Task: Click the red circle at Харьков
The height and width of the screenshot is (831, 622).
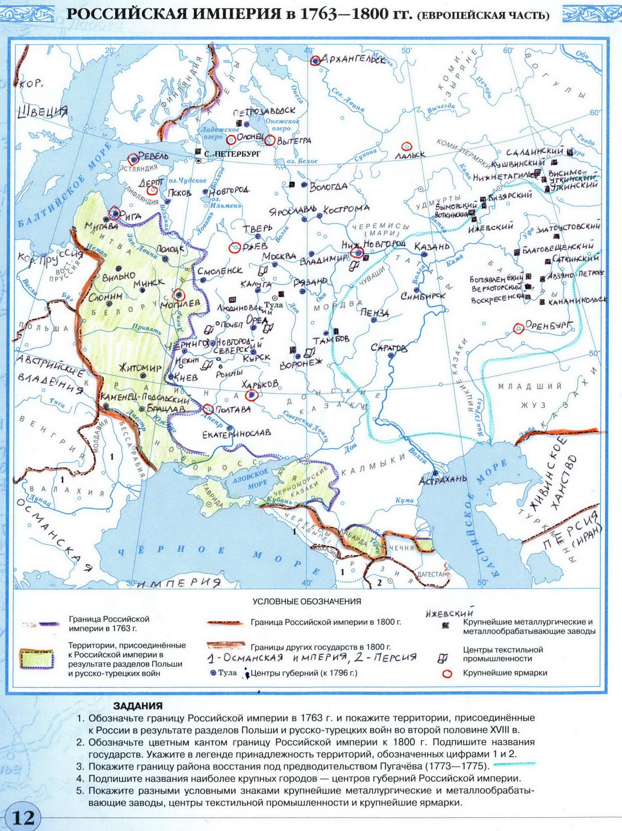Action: coord(251,395)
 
